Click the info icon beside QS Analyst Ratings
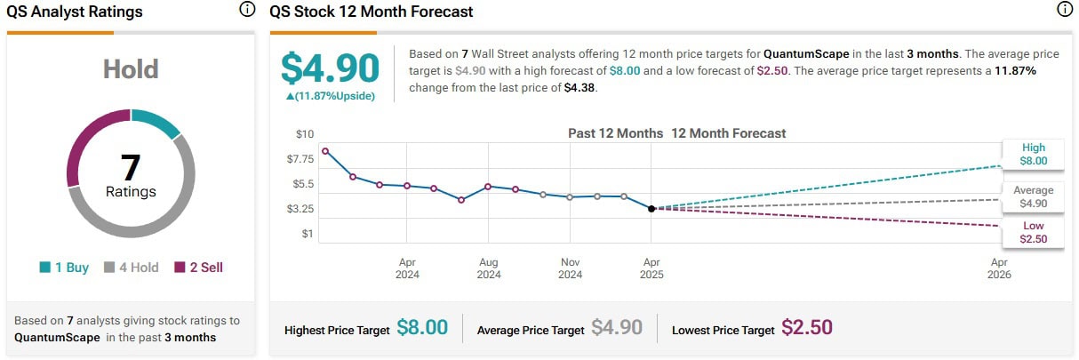pos(247,11)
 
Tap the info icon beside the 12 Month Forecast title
pos(1065,11)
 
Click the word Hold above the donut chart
pos(131,69)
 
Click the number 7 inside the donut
pos(131,166)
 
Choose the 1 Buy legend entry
pos(64,267)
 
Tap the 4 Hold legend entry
pos(132,267)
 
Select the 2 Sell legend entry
pos(198,267)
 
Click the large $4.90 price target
pos(330,68)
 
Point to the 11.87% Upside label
pos(330,96)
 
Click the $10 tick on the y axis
pos(305,133)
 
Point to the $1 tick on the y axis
pos(308,234)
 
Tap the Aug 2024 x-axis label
pos(488,268)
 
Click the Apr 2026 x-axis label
pos(999,268)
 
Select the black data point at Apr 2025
pos(651,209)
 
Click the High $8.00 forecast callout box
pos(1034,155)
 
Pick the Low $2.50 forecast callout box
pos(1034,232)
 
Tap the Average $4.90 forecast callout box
pos(1034,196)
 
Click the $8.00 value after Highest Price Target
pos(422,328)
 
